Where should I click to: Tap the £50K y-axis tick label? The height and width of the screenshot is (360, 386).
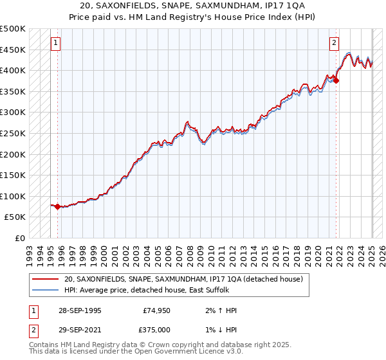(15, 217)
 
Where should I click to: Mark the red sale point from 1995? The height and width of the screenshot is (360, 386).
(58, 207)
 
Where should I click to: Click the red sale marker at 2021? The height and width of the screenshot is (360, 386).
(336, 80)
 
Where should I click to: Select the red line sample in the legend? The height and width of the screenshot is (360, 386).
(44, 279)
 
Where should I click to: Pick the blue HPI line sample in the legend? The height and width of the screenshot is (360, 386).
(44, 291)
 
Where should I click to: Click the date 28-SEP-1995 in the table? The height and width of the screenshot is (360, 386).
(78, 311)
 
